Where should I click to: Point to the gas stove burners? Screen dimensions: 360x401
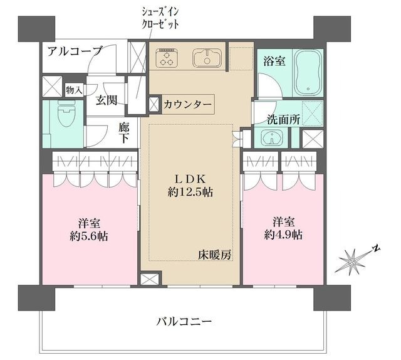(x=168, y=58)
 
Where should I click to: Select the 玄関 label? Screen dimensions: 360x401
(x=107, y=100)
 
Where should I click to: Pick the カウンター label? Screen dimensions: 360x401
(x=187, y=105)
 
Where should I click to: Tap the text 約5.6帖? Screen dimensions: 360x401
(x=91, y=236)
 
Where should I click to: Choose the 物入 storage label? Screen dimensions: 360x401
(x=74, y=90)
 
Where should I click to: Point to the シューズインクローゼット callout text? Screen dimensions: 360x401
(x=161, y=19)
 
